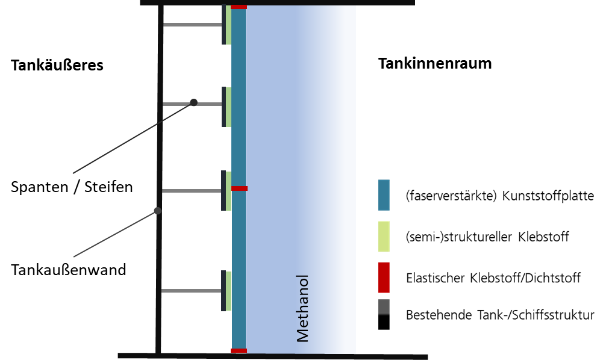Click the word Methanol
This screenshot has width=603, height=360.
[303, 308]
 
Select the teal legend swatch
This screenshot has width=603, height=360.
[384, 195]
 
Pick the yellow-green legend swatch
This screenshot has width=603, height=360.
[384, 237]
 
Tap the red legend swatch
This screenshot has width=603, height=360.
[384, 278]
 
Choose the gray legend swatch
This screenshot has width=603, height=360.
[384, 307]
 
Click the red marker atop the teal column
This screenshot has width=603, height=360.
[239, 7]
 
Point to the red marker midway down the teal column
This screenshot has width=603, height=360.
[239, 188]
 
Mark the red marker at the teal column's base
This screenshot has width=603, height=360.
[239, 350]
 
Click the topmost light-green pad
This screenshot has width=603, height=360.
[228, 25]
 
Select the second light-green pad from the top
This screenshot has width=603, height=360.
[228, 107]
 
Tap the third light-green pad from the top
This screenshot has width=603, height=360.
[228, 191]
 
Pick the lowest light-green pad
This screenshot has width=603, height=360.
[228, 291]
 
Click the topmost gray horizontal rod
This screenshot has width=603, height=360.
[192, 25]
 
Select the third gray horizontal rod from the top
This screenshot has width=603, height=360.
[192, 191]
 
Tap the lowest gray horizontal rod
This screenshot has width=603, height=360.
[192, 291]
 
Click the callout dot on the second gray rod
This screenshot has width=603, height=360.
[193, 102]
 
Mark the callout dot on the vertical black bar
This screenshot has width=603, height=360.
[157, 211]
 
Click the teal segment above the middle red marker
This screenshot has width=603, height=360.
[239, 96]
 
